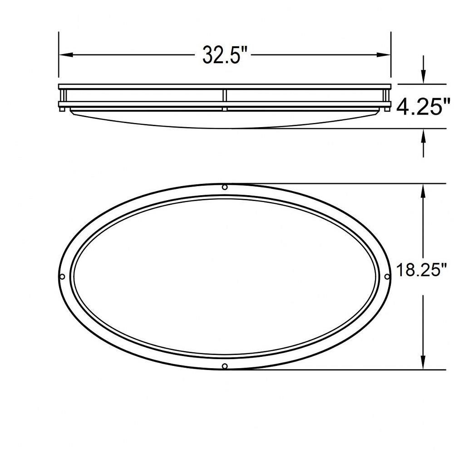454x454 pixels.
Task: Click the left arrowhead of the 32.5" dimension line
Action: (66, 55)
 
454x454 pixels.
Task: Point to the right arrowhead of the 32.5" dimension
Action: (384, 55)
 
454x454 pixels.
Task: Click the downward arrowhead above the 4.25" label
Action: (424, 77)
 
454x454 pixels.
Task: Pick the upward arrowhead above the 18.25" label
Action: (424, 191)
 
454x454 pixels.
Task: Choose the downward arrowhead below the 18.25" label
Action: (424, 362)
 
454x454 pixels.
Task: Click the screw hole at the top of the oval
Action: (225, 187)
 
